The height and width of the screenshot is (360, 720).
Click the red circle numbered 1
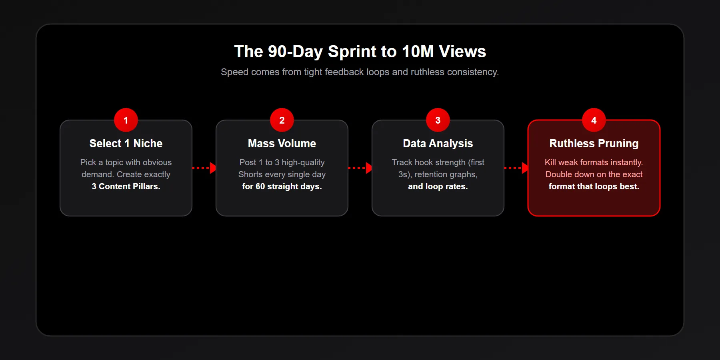tap(126, 120)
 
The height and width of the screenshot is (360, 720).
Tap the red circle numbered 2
tap(282, 120)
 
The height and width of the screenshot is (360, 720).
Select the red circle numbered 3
tap(438, 120)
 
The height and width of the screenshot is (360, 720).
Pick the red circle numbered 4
tap(594, 120)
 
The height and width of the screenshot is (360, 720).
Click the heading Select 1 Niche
tap(126, 143)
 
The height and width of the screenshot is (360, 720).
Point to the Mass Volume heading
tap(282, 143)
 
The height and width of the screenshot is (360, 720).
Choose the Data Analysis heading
tap(438, 143)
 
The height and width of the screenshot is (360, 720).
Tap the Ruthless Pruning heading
tap(594, 143)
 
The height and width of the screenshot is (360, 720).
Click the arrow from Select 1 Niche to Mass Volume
tap(204, 168)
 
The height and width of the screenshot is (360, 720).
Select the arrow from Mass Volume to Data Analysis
tap(360, 168)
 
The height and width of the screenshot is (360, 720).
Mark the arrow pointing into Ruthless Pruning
tap(516, 168)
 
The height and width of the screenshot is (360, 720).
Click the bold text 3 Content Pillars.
tap(126, 186)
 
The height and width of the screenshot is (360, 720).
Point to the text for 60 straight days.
tap(282, 186)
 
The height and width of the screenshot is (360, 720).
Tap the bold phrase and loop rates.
tap(438, 186)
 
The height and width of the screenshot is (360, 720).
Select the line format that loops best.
tap(594, 186)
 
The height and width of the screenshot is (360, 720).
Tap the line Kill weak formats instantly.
tap(594, 162)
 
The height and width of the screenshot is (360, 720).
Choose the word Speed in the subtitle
tap(234, 72)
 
